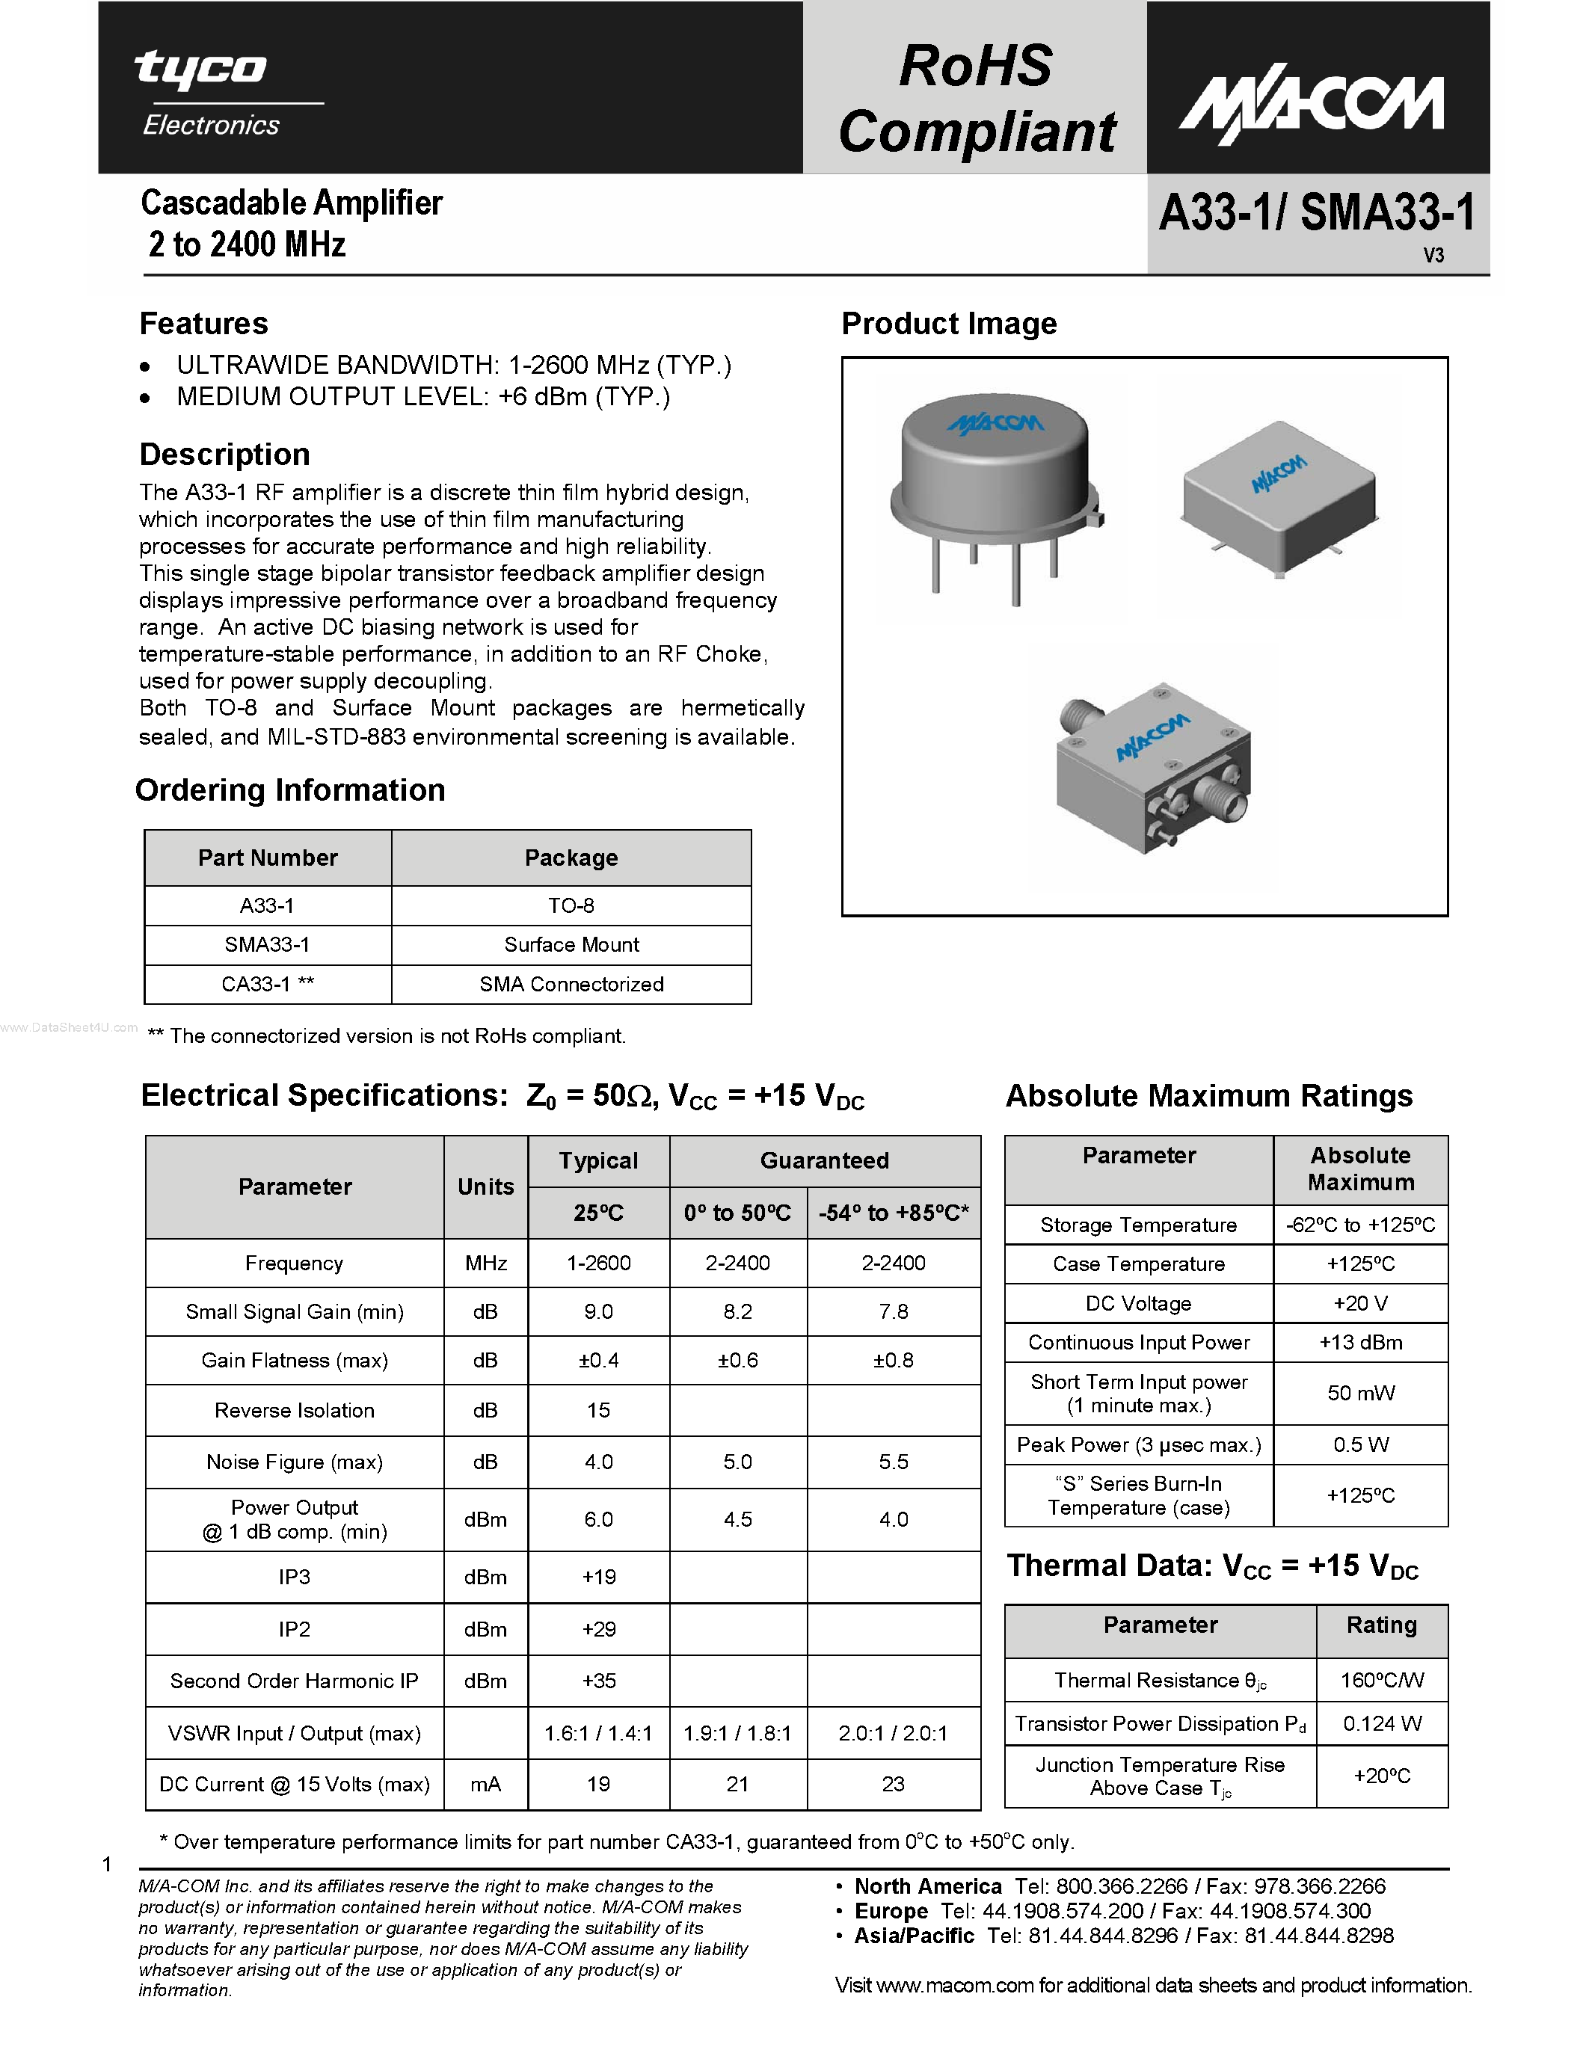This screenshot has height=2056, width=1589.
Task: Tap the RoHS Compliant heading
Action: click(975, 98)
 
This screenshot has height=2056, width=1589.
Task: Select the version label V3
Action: click(1433, 255)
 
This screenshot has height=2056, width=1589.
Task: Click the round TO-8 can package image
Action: click(996, 494)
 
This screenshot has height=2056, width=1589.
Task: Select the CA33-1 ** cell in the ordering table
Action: click(268, 984)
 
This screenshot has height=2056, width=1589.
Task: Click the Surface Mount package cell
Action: click(571, 944)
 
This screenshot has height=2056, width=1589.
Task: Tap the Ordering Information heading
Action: click(290, 790)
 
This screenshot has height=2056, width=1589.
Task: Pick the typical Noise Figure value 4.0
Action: click(599, 1462)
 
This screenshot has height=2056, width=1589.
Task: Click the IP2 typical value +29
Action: click(599, 1628)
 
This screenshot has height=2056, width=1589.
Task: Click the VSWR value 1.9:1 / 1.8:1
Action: click(737, 1733)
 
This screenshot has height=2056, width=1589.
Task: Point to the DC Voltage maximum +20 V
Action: click(1360, 1303)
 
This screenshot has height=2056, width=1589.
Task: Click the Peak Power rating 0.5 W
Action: click(1360, 1444)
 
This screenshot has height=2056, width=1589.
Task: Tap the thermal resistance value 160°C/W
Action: click(1382, 1681)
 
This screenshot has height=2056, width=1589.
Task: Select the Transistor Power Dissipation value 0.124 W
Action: click(1382, 1724)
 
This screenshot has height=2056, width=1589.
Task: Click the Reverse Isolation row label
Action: click(294, 1410)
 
